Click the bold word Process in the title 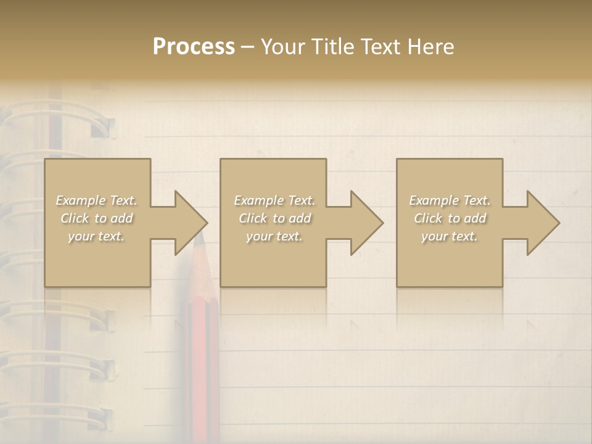coord(194,47)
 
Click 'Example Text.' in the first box coord(96,200)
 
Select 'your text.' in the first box coord(96,236)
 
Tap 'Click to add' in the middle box coord(274,218)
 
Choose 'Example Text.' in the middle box coord(274,200)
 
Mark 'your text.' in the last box coord(450,236)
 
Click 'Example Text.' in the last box coord(450,200)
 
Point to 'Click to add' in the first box coord(96,218)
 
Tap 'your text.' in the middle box coord(274,236)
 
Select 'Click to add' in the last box coord(450,218)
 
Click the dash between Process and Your coord(247,47)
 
